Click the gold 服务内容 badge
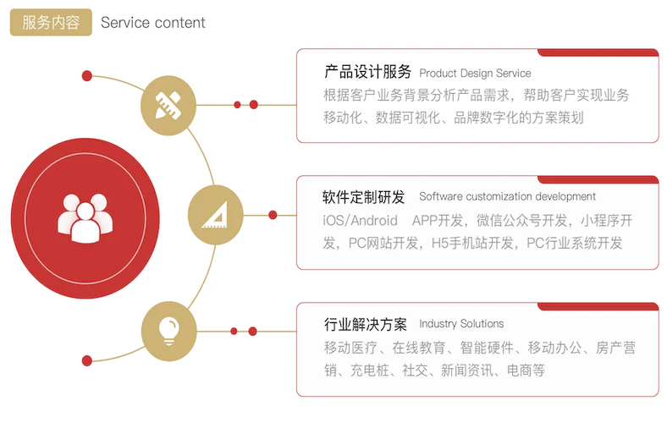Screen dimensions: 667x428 point(51,22)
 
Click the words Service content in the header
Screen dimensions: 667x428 point(153,23)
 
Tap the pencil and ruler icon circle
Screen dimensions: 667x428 point(168,106)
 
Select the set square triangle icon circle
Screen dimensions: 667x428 point(215,215)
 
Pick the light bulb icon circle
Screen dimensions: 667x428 point(169,332)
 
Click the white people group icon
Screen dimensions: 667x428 point(85,218)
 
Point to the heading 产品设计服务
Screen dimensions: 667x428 point(367,72)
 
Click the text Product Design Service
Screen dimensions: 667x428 point(475,73)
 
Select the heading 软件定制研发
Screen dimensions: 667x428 point(364,197)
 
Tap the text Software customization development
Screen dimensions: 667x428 point(507,196)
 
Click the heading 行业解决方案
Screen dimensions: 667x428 point(366,324)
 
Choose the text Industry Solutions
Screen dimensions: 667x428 point(461,323)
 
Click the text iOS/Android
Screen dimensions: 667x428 point(361,221)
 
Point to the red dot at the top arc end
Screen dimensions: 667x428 point(87,76)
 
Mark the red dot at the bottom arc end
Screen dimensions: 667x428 point(87,361)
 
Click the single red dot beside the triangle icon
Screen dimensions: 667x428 point(273,215)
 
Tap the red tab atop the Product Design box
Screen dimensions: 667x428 point(598,52)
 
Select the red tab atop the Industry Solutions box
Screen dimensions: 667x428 point(598,306)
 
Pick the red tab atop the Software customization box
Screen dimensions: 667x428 point(598,179)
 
